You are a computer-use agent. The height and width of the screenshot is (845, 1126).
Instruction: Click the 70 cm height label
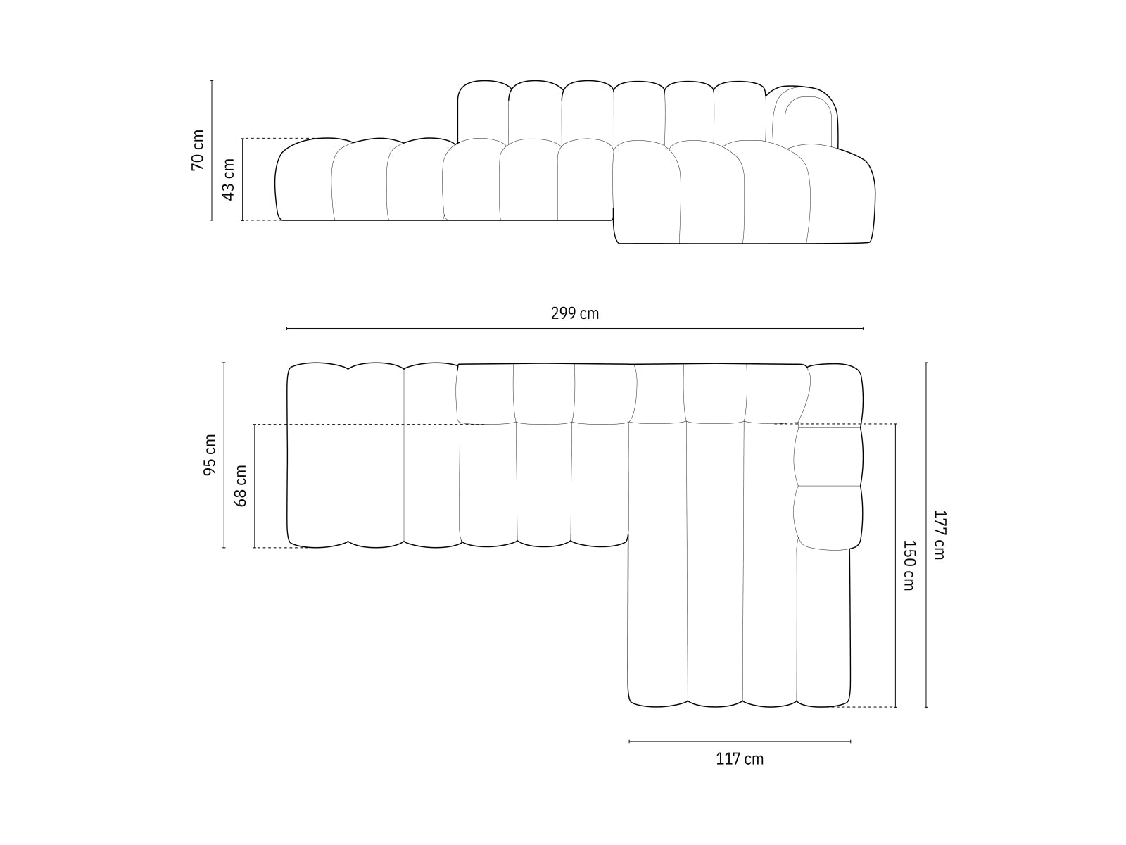198,150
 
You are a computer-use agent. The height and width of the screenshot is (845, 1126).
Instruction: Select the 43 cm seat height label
229,180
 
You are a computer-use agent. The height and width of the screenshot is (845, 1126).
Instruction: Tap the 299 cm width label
575,313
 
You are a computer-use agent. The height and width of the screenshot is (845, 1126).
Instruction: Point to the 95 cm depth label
210,455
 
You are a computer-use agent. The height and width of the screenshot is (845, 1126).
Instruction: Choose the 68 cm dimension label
241,486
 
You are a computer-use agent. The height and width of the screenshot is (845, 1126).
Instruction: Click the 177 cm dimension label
939,534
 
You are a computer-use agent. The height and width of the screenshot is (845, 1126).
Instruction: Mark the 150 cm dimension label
908,565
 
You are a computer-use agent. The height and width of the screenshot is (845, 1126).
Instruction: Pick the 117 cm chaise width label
740,759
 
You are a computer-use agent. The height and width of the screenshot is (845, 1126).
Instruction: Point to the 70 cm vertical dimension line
212,106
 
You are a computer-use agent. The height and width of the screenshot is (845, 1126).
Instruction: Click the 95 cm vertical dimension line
224,394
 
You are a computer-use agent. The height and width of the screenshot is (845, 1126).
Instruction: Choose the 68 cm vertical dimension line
254,521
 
